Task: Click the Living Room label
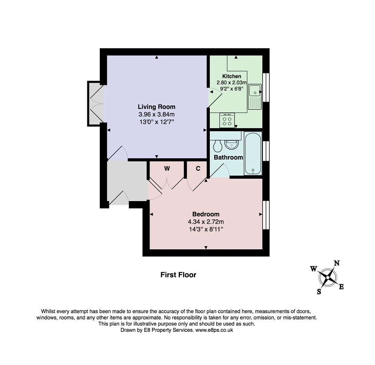(x=156, y=107)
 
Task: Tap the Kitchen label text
(x=231, y=76)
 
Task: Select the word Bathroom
(x=228, y=158)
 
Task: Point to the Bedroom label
(x=206, y=214)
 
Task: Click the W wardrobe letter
(x=167, y=169)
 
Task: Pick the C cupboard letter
(x=198, y=169)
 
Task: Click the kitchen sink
(x=255, y=97)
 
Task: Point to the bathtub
(x=253, y=153)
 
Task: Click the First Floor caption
(x=178, y=275)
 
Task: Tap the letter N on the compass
(x=336, y=263)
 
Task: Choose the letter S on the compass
(x=319, y=292)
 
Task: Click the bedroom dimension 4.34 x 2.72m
(x=206, y=222)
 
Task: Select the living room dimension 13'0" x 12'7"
(x=157, y=122)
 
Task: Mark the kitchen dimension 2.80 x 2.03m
(x=231, y=83)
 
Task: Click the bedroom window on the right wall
(x=266, y=215)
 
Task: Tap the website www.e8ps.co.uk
(x=214, y=330)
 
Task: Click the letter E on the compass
(x=341, y=286)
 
